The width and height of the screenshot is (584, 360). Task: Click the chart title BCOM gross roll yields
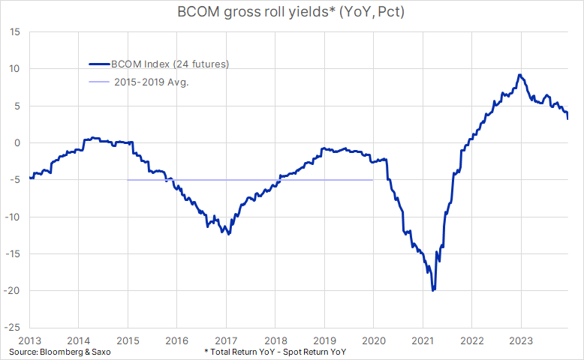pos(291,13)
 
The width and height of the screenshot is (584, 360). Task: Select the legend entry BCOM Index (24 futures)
pos(167,64)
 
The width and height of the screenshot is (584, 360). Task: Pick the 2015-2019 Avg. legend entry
pos(152,82)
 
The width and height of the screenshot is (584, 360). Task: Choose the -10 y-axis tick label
pos(15,217)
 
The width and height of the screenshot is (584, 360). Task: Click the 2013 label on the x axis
pos(30,340)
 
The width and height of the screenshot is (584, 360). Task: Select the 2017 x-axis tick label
pos(226,340)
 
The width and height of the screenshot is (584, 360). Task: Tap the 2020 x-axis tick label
pos(373,340)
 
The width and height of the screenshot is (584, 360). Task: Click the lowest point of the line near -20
pos(433,290)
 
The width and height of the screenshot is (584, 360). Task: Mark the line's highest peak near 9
pos(519,75)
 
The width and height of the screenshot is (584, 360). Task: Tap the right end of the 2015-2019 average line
pos(373,180)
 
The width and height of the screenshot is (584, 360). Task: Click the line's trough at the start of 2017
pos(228,234)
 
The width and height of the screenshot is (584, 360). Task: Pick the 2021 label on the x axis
pos(422,340)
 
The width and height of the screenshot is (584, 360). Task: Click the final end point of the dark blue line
pos(567,118)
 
